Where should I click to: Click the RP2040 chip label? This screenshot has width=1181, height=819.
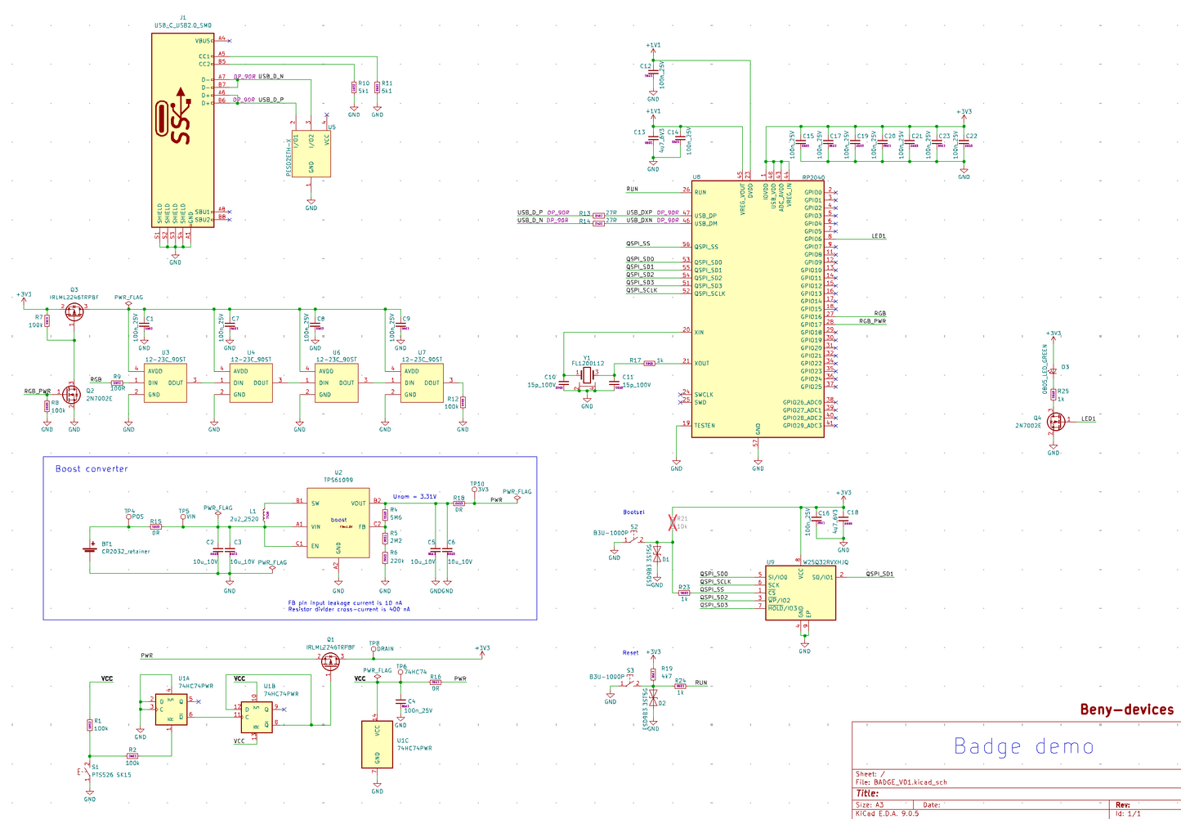pos(812,177)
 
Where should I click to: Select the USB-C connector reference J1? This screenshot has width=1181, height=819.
pos(182,17)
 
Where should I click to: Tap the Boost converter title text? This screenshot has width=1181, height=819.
pos(92,469)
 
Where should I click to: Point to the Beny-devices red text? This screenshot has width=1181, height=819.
pos(1126,709)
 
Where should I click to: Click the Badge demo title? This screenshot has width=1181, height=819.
pos(1023,746)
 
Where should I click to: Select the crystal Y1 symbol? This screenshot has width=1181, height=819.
pos(587,375)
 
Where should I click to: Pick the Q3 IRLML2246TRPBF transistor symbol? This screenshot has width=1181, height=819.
pos(74,311)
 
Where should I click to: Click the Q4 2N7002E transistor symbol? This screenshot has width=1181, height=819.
pos(1054,422)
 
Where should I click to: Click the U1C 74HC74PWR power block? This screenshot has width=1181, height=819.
pos(377,744)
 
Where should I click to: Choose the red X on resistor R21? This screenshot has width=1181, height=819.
pos(673,522)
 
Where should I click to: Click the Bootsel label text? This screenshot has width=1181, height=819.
pos(633,512)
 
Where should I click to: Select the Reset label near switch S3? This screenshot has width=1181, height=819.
pos(630,652)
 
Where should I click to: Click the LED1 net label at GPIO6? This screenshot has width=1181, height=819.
pos(879,236)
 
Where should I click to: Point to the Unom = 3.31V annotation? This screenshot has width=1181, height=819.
pos(414,496)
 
